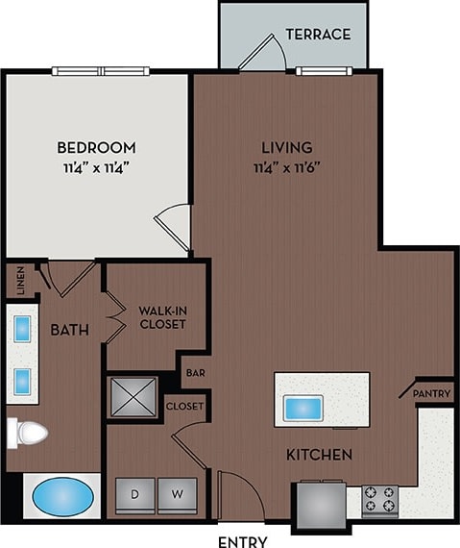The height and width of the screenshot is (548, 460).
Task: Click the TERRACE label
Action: [x=318, y=35]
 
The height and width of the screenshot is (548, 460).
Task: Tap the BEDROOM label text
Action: [x=96, y=148]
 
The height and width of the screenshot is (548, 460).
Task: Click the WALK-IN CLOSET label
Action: [x=161, y=317]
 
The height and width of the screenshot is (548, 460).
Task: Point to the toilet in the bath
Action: [x=27, y=434]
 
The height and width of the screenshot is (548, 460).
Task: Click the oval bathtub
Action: [x=64, y=498]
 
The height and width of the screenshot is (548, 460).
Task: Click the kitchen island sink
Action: [x=303, y=408]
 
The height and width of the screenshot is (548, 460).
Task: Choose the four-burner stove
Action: [x=378, y=500]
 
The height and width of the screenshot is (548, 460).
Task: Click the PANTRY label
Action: [x=431, y=394]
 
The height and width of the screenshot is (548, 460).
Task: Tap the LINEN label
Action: [x=19, y=282]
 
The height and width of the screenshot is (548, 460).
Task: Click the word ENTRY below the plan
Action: [x=243, y=540]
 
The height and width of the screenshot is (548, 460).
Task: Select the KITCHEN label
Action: [x=318, y=454]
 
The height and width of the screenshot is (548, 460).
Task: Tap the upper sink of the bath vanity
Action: [x=22, y=327]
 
